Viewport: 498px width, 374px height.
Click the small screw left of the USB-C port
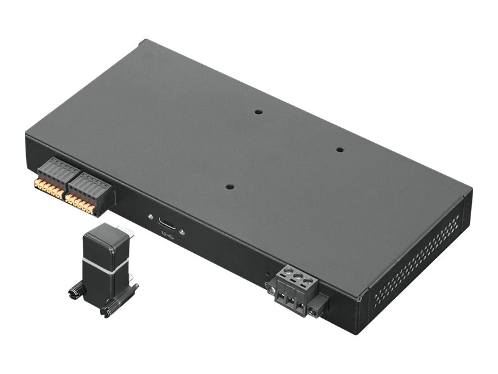150,217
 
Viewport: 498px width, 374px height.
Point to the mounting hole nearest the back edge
258,112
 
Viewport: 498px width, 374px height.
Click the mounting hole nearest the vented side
340,150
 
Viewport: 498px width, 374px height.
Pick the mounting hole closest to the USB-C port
230,186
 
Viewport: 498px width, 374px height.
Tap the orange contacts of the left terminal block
49,186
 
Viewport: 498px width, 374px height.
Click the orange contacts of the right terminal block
80,202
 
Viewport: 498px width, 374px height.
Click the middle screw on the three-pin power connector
297,274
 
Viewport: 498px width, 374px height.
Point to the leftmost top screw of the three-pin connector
288,270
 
